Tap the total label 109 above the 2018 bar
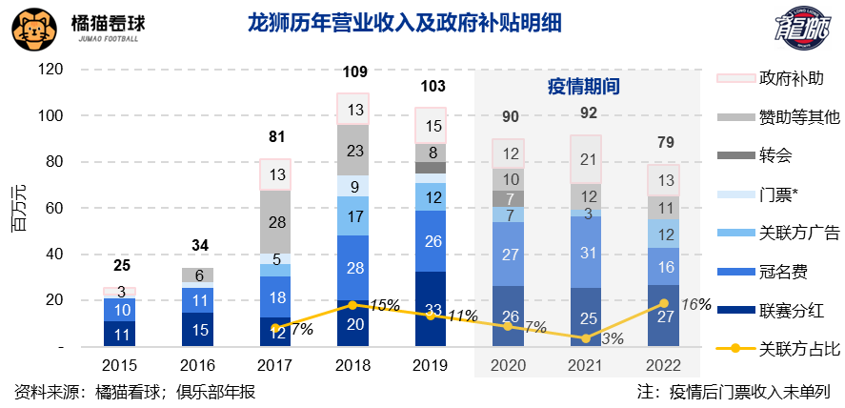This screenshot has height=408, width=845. [x=354, y=71]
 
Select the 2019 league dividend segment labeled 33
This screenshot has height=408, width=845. [x=433, y=309]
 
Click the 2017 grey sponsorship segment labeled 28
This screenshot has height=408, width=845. [x=276, y=222]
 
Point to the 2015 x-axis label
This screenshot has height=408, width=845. [x=120, y=365]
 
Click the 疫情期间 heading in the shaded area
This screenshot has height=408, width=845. [x=584, y=86]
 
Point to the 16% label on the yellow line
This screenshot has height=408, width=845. [x=696, y=304]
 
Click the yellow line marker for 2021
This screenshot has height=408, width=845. [x=587, y=338]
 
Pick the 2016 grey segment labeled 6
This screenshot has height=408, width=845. [x=198, y=275]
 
